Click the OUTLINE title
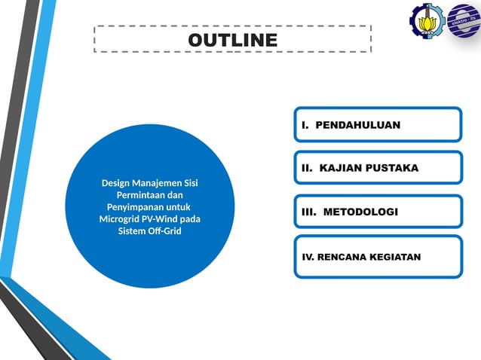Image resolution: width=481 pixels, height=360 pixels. pyautogui.click(x=232, y=39)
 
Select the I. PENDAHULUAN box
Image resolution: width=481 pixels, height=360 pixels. pyautogui.click(x=376, y=124)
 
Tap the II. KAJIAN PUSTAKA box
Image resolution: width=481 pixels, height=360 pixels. pyautogui.click(x=376, y=168)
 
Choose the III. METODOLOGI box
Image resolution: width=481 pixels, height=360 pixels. pyautogui.click(x=376, y=212)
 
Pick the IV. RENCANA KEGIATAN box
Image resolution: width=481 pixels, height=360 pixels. pyautogui.click(x=376, y=256)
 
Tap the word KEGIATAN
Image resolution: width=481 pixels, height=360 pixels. pyautogui.click(x=395, y=257)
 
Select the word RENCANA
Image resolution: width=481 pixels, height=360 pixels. pyautogui.click(x=342, y=257)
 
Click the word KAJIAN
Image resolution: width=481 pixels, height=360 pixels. pyautogui.click(x=338, y=168)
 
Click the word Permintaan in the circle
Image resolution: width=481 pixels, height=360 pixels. pyautogui.click(x=132, y=195)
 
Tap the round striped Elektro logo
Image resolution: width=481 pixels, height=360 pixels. pyautogui.click(x=462, y=21)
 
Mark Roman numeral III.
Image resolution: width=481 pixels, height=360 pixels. pyautogui.click(x=308, y=212)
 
